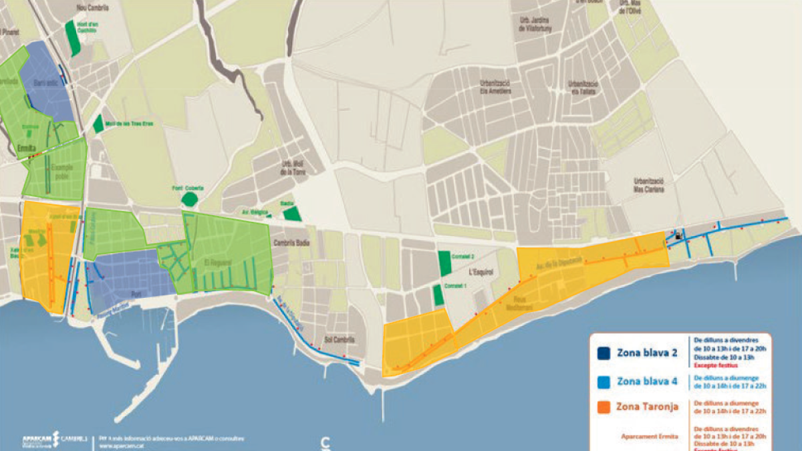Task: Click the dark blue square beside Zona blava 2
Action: point(604,353)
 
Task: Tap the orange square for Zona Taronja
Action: point(604,407)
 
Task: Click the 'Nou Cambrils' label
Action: point(93,7)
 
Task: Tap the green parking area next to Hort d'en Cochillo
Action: point(72,38)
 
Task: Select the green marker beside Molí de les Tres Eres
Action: point(98,124)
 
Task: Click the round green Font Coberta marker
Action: point(190,198)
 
